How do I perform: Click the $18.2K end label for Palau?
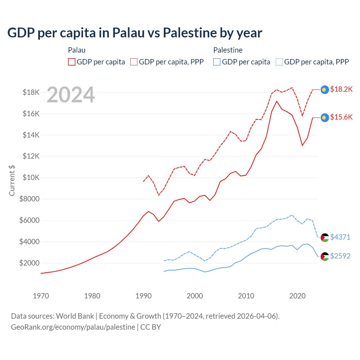pyautogui.click(x=341, y=89)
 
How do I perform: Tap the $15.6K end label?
pyautogui.click(x=341, y=117)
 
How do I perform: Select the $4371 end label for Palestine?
pyautogui.click(x=340, y=237)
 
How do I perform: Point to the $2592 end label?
pyautogui.click(x=340, y=256)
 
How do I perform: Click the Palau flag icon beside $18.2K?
pyautogui.click(x=325, y=90)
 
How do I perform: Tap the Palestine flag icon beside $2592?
pyautogui.click(x=325, y=256)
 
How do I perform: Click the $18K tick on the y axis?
pyautogui.click(x=31, y=92)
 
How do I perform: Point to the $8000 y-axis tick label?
pyautogui.click(x=30, y=199)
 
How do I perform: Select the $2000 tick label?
pyautogui.click(x=30, y=263)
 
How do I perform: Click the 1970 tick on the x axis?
pyautogui.click(x=41, y=296)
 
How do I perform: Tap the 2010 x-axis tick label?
pyautogui.click(x=246, y=296)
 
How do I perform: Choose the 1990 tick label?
pyautogui.click(x=143, y=296)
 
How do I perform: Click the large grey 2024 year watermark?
pyautogui.click(x=71, y=95)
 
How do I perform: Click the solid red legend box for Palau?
pyautogui.click(x=72, y=62)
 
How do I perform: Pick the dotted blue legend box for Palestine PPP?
pyautogui.click(x=279, y=62)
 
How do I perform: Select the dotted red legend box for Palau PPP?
pyautogui.click(x=134, y=62)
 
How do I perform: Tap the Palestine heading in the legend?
pyautogui.click(x=228, y=50)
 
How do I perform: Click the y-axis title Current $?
pyautogui.click(x=12, y=181)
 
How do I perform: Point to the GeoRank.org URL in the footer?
pyautogui.click(x=73, y=327)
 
